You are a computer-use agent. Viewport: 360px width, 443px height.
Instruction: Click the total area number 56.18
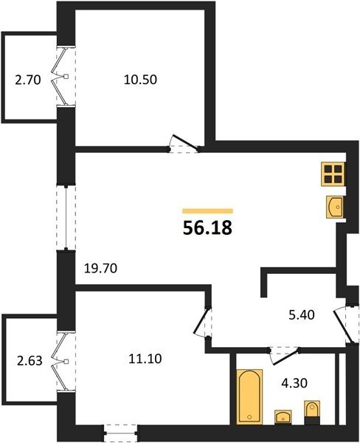coord(207,227)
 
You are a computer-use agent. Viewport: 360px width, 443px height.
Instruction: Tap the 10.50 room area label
coord(140,80)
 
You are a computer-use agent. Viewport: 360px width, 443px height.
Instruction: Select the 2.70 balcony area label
coord(28,80)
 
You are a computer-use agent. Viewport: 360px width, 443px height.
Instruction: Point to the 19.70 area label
coord(101,268)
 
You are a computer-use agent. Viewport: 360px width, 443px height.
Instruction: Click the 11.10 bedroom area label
coord(145,359)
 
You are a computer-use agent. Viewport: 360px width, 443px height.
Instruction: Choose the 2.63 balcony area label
coord(30,361)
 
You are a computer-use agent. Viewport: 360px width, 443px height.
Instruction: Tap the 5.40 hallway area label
coord(302,315)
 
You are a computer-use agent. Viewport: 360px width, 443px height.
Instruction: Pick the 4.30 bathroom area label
coord(294,383)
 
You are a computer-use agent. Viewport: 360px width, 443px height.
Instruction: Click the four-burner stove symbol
coord(333,174)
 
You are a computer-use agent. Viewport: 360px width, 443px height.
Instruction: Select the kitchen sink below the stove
coord(335,207)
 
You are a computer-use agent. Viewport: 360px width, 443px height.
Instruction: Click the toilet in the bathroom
coord(312,413)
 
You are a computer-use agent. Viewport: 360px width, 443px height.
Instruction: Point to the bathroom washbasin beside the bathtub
coord(283,417)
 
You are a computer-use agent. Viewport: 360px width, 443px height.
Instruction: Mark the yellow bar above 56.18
coord(207,210)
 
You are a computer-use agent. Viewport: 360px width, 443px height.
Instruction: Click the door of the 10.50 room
coord(185,142)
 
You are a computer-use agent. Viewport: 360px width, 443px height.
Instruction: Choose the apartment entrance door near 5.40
coord(342,326)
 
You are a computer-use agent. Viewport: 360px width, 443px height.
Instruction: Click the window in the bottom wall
coord(121,433)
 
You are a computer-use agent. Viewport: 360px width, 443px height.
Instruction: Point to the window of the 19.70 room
coord(66,218)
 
